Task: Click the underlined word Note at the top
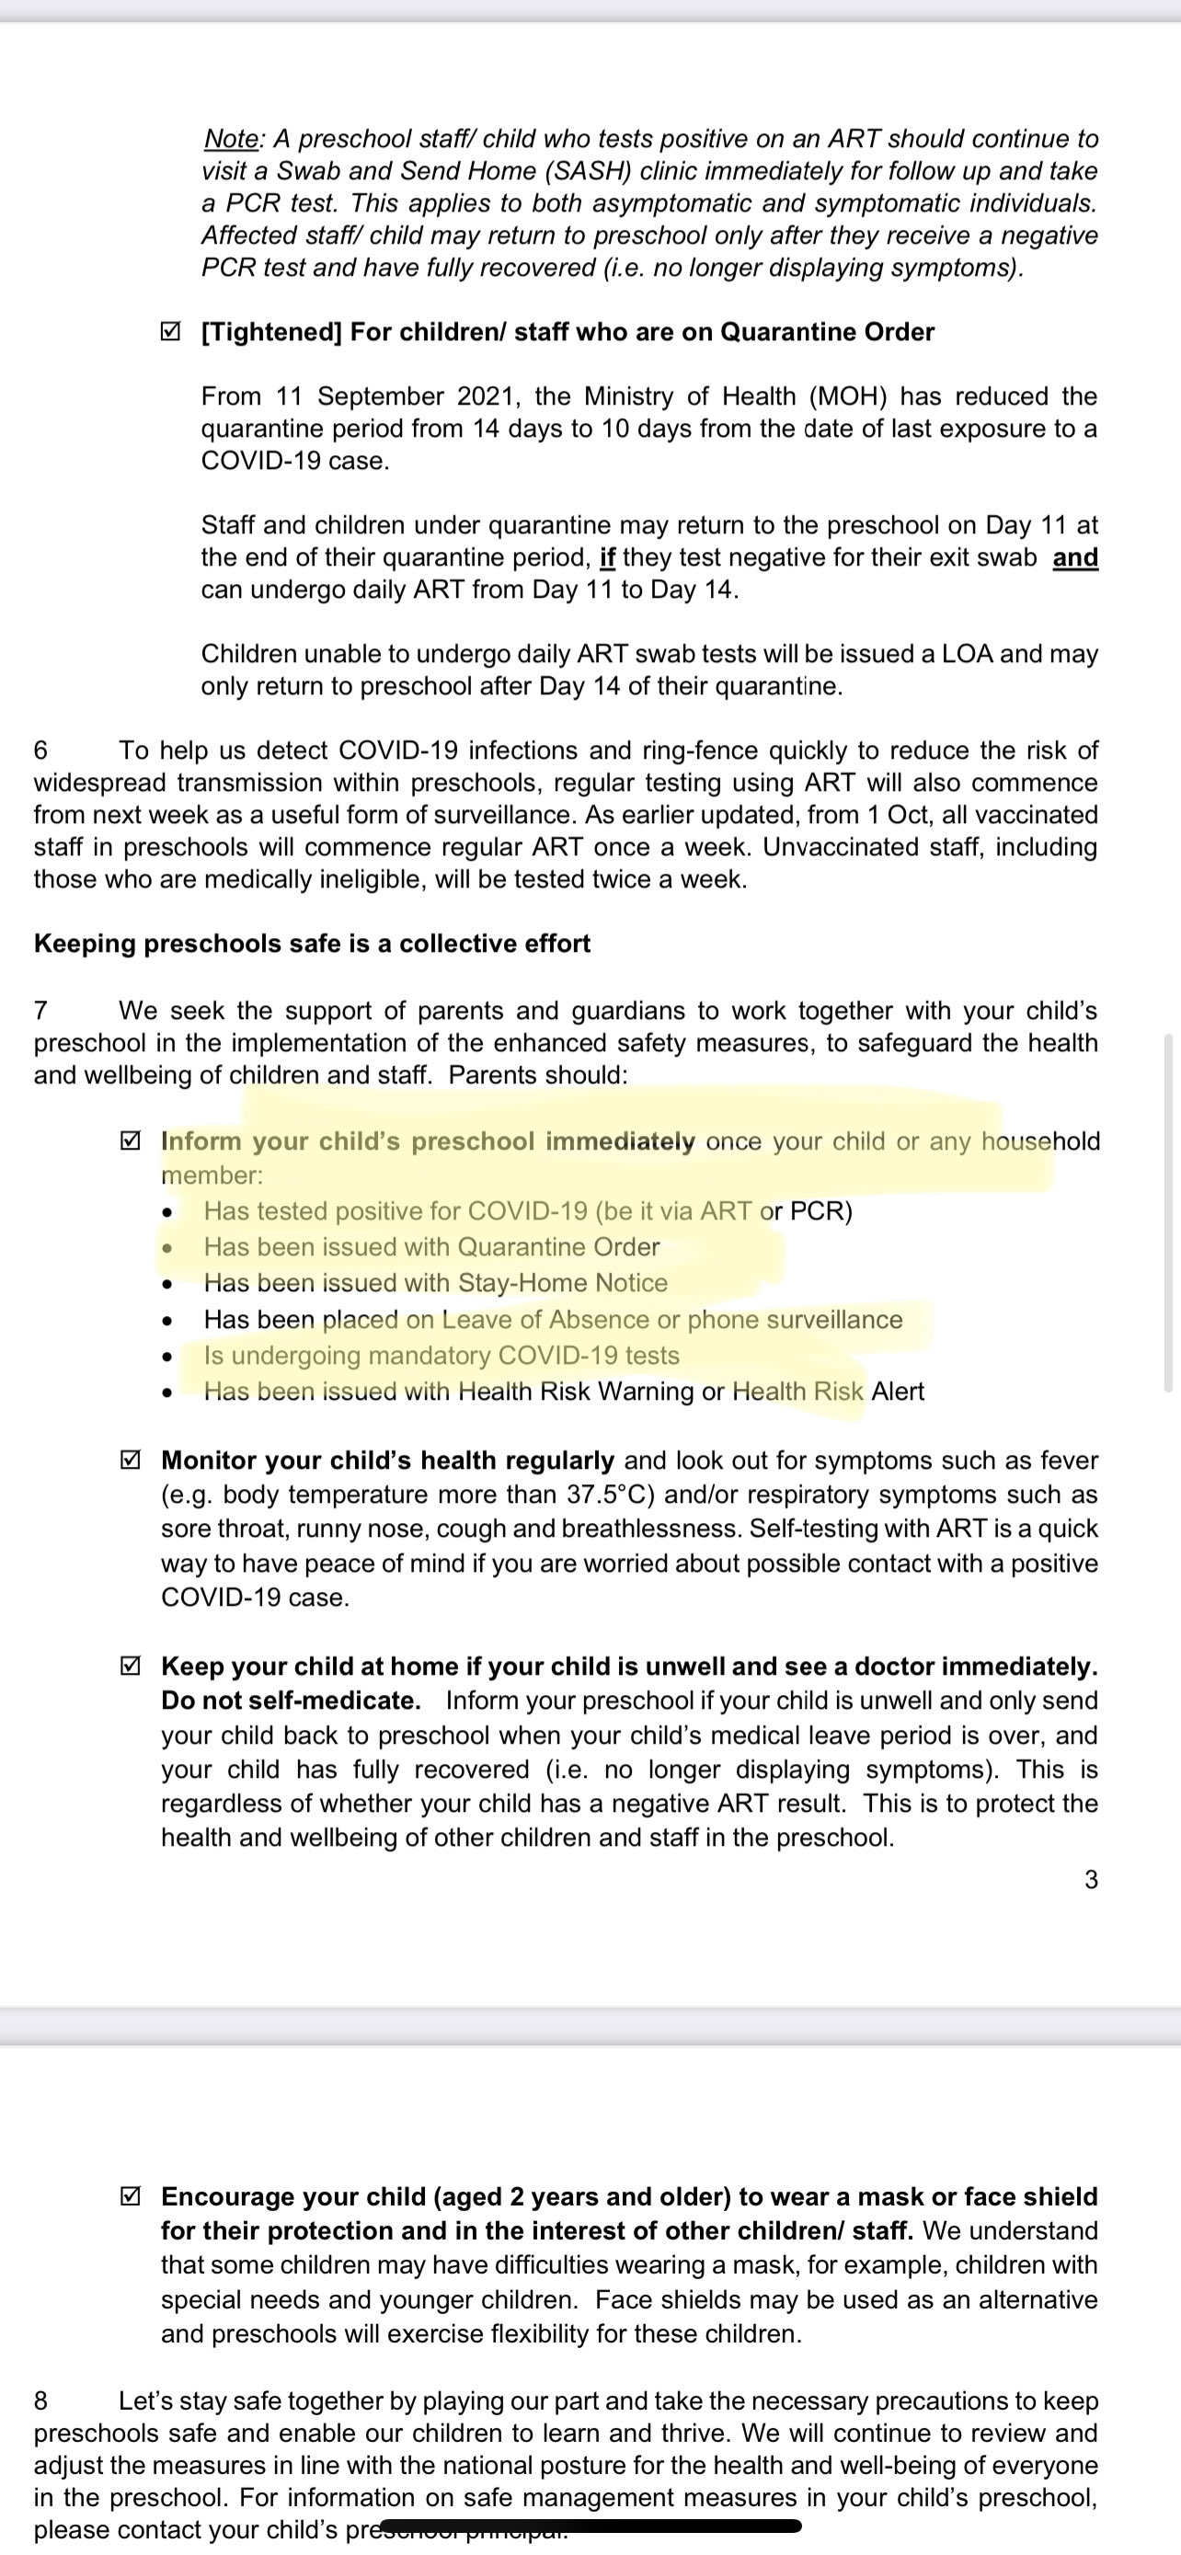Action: click(230, 139)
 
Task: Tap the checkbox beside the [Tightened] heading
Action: click(169, 331)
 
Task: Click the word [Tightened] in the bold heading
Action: click(271, 331)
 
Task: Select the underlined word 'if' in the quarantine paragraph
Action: click(608, 557)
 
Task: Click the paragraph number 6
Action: click(40, 750)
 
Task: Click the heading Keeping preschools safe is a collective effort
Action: click(312, 944)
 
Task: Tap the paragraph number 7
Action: click(40, 1011)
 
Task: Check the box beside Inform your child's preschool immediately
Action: click(129, 1141)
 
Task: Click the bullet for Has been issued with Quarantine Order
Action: click(168, 1248)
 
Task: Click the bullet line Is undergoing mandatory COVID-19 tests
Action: click(441, 1356)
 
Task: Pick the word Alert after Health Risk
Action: click(898, 1392)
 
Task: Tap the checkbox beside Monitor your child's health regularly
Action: click(129, 1461)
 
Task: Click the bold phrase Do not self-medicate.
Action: click(291, 1701)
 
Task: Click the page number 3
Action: click(1091, 1880)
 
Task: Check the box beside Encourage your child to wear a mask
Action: click(129, 2197)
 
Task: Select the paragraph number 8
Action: click(40, 2401)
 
